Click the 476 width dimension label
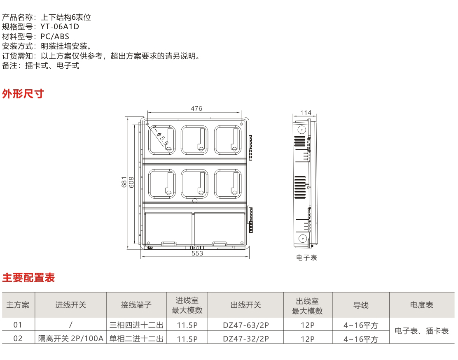[196, 109]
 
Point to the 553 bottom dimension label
[197, 253]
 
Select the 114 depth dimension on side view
[306, 113]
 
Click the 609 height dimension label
[131, 182]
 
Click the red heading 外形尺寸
[23, 94]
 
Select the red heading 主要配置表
[28, 278]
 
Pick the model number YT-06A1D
[59, 27]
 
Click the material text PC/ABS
[55, 36]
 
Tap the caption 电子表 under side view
[306, 258]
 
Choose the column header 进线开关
[70, 305]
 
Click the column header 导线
[361, 305]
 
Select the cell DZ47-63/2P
[245, 325]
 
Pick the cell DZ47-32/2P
[245, 339]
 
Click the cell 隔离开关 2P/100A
[70, 339]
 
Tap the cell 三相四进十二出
[136, 325]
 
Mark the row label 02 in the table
[18, 339]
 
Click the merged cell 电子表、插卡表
[421, 331]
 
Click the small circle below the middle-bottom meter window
[195, 201]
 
